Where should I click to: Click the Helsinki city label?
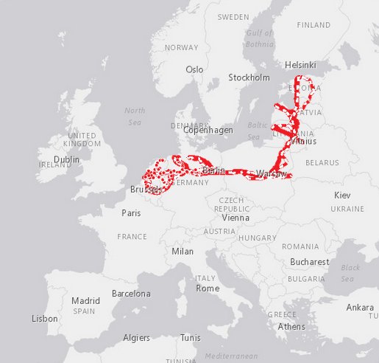[x=300, y=65]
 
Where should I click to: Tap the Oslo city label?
[x=194, y=69]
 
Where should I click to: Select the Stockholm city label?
[x=249, y=77]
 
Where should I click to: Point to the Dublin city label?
[x=66, y=159]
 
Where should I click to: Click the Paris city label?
[x=131, y=213]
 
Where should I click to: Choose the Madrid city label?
[x=85, y=300]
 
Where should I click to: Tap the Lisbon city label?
[x=45, y=319]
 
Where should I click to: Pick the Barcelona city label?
[x=131, y=294]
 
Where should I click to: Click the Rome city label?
[x=208, y=288]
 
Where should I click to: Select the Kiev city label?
[x=343, y=196]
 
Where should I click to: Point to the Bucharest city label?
[x=309, y=262]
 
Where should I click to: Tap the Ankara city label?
[x=360, y=307]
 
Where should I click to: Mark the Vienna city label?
[x=235, y=218]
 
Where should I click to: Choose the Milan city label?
[x=182, y=251]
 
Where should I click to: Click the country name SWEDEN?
[x=233, y=16]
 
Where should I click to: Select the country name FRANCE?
[x=132, y=237]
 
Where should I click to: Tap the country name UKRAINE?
[x=347, y=210]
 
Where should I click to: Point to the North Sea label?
[x=135, y=116]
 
